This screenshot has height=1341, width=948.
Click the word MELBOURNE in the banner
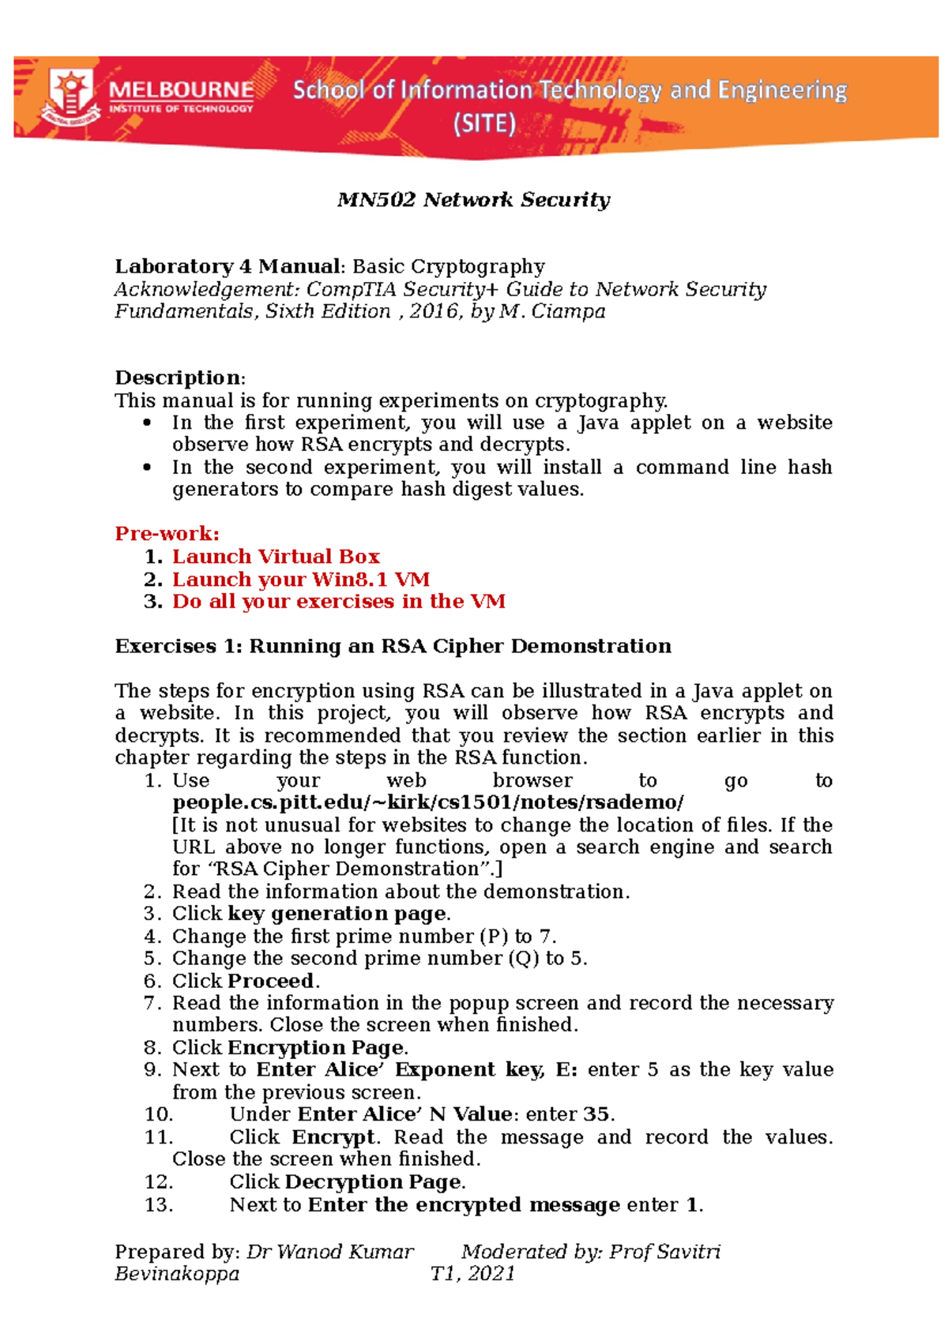tap(181, 90)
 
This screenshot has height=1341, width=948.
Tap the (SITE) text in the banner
tap(483, 124)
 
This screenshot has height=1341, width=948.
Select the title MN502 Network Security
tap(473, 200)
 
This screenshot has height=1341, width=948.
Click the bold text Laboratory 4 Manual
tap(227, 267)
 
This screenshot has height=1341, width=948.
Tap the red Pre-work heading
tap(167, 534)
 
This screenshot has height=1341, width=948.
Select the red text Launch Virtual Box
tap(276, 557)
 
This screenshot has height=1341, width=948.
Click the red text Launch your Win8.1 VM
tap(301, 580)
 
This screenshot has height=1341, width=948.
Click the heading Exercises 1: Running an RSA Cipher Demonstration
tap(393, 646)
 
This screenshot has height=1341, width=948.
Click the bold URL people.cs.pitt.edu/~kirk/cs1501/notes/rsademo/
tap(427, 802)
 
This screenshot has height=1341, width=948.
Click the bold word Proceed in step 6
tap(271, 981)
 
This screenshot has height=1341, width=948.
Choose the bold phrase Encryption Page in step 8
tap(316, 1048)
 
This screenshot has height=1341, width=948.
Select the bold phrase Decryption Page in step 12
tap(373, 1182)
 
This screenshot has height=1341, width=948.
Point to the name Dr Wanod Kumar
tap(329, 1252)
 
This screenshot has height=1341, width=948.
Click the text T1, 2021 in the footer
tap(472, 1274)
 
